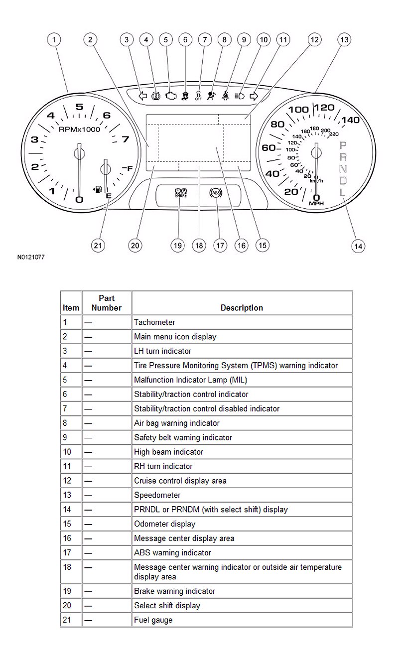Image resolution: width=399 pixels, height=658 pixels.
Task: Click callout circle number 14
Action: tap(357, 246)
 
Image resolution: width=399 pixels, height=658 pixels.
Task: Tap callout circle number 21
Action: tap(99, 245)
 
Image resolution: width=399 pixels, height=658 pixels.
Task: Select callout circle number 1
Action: tap(54, 39)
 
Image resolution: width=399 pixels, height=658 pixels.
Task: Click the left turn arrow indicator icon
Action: tap(142, 96)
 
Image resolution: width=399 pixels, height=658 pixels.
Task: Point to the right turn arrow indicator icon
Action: tap(253, 96)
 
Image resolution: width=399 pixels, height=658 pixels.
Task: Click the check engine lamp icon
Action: tap(171, 96)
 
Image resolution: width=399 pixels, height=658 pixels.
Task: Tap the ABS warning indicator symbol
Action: tap(216, 193)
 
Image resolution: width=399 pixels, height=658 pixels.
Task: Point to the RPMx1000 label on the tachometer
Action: tap(79, 129)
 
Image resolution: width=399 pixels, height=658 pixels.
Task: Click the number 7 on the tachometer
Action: tap(125, 139)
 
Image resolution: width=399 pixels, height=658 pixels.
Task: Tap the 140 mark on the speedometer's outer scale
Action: tap(350, 120)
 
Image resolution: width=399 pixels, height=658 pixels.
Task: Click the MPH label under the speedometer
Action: tap(316, 203)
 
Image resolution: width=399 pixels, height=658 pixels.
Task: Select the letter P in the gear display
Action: tap(343, 145)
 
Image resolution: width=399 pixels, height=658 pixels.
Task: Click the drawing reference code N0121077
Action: tap(31, 258)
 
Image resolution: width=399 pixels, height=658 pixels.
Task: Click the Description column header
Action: tap(242, 308)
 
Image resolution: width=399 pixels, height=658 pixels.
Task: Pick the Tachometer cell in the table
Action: tap(154, 322)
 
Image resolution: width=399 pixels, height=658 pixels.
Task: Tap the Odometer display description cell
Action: tap(164, 524)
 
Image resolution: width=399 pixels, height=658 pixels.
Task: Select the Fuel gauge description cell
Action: tap(153, 620)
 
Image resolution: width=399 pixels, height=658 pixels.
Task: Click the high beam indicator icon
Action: tap(240, 96)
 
